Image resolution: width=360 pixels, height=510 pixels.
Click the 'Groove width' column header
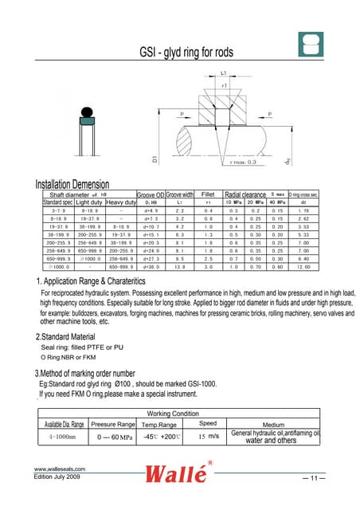coord(180,194)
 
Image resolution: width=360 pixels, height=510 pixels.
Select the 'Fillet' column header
coord(208,194)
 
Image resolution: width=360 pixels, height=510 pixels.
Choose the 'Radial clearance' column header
coord(245,194)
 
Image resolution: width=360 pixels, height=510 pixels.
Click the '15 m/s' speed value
coord(208,437)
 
